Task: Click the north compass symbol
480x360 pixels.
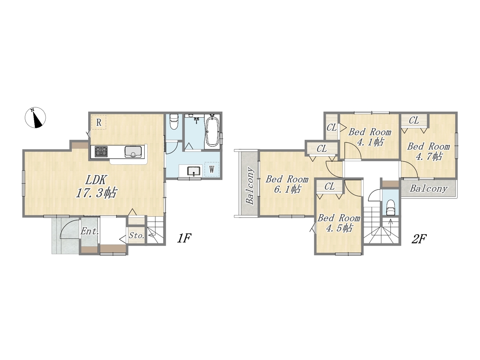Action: tap(35, 118)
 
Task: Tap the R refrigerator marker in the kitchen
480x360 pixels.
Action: tap(99, 122)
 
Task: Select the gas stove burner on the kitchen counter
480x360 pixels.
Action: tap(101, 151)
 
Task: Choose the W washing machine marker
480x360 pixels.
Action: tap(211, 169)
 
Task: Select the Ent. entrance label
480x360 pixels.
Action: tap(90, 231)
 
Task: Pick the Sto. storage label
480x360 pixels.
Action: tap(136, 235)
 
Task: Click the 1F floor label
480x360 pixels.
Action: tap(184, 238)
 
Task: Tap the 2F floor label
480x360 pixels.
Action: tap(419, 239)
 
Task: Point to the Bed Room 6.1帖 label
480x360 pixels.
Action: tap(287, 184)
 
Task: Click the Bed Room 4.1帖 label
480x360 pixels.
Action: tap(370, 137)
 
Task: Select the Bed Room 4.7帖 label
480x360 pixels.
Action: tap(428, 151)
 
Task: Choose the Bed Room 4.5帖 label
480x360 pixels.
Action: tap(339, 223)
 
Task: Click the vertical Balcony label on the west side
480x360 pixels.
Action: tap(250, 186)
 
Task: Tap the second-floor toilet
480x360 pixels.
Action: tap(390, 208)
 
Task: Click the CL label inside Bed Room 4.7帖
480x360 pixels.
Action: tap(414, 120)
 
